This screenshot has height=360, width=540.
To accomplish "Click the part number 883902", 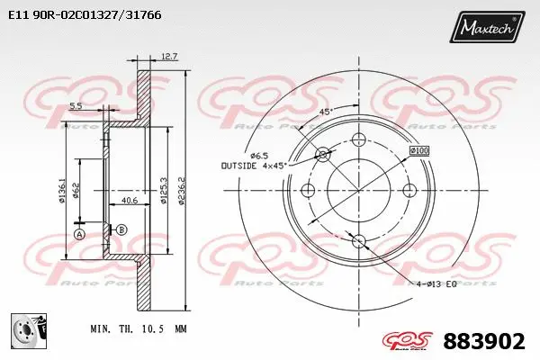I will click(484, 341).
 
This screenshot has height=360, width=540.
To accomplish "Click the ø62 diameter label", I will click(78, 191).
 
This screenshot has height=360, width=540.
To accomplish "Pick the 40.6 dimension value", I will click(129, 201).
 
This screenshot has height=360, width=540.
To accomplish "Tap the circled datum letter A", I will click(78, 234).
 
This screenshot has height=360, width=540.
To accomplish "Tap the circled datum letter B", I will click(121, 230).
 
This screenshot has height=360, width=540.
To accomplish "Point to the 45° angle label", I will click(325, 112).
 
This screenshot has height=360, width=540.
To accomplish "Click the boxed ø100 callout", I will click(419, 149).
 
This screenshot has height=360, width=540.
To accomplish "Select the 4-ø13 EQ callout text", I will click(436, 283).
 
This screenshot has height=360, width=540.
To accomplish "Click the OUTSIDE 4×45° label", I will click(255, 166).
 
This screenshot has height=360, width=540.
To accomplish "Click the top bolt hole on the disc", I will click(359, 139).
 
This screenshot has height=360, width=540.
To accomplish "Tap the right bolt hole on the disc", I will click(410, 190).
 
